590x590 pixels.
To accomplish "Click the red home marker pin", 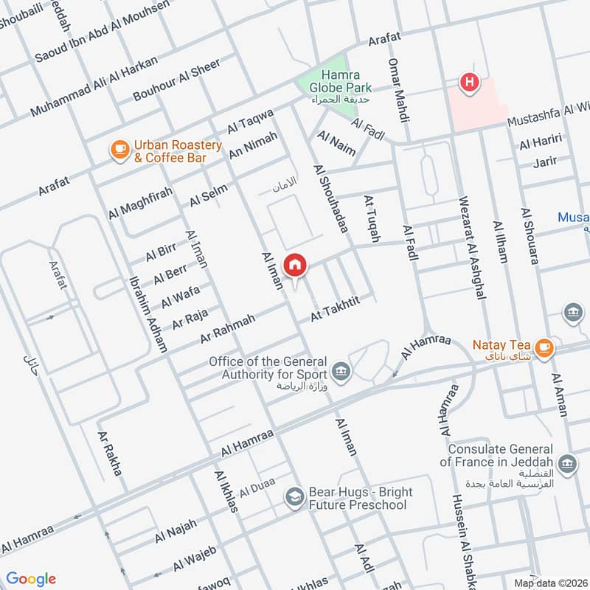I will coord(295,265).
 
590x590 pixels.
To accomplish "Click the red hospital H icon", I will coord(468,83).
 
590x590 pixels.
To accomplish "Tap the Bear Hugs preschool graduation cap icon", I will coord(295,498).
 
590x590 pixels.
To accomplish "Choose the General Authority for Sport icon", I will coord(340,368).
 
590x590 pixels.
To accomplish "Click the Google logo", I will coord(30,578).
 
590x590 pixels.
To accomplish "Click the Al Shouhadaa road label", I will coord(330,198).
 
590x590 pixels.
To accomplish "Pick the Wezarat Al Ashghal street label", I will coord(472,246).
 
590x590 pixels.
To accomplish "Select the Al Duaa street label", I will coord(257,487).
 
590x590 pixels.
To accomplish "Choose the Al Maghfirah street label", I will coord(139,203).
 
